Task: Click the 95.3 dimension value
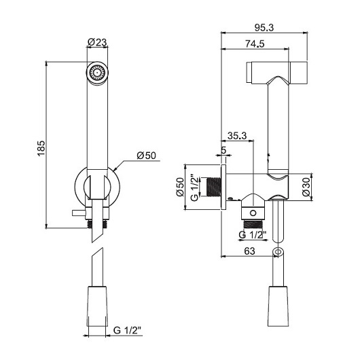[264, 28]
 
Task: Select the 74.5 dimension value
[255, 43]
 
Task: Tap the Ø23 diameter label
[97, 42]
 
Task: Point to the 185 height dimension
[41, 148]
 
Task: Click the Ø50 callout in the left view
[146, 156]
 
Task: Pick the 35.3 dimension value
[237, 136]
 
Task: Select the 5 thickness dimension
[223, 150]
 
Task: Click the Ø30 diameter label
[306, 187]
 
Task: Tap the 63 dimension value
[249, 251]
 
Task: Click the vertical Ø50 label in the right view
[180, 187]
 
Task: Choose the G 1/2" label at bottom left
[127, 330]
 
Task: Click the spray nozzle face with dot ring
[97, 73]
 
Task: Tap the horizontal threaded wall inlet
[214, 187]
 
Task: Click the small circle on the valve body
[253, 213]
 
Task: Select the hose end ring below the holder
[278, 252]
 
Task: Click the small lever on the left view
[79, 213]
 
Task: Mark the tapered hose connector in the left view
[97, 306]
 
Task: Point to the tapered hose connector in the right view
[278, 306]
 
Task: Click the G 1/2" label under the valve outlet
[253, 234]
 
